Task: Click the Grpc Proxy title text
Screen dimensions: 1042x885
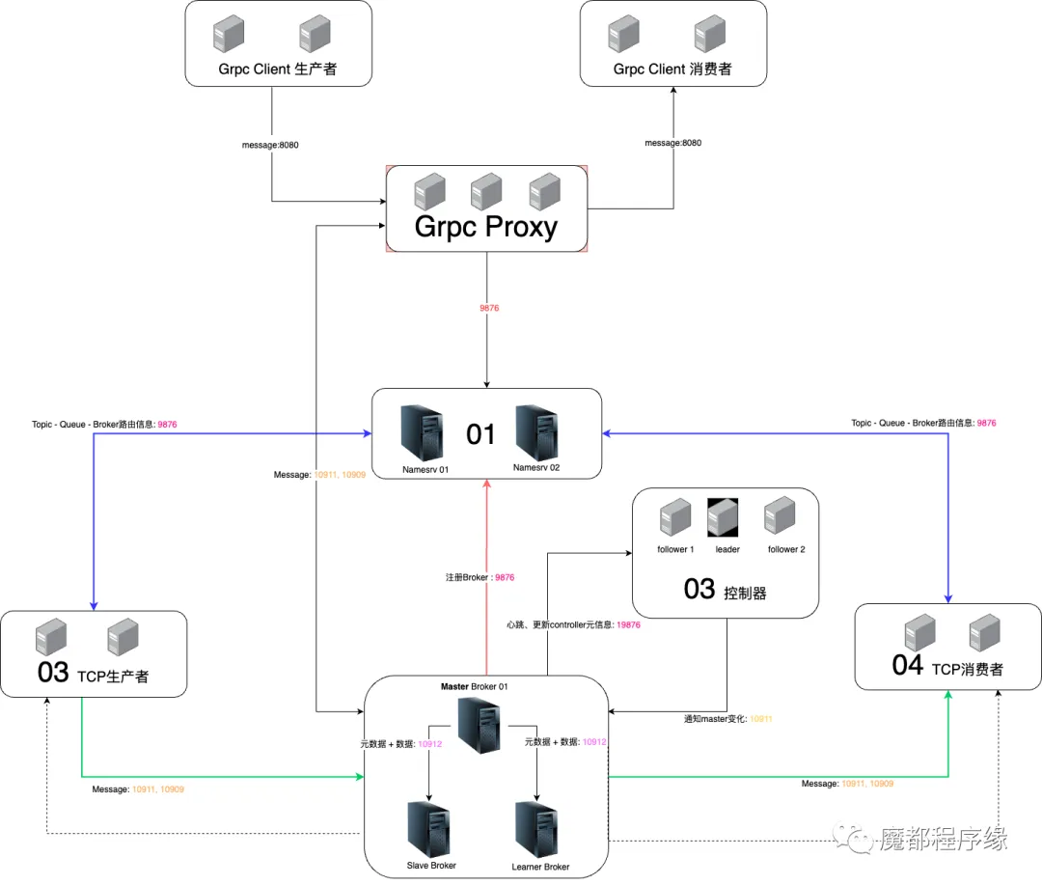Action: (485, 228)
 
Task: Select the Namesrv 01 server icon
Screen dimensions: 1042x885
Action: (422, 433)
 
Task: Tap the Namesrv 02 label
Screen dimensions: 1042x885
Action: (536, 467)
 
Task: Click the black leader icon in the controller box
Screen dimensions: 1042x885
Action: (723, 517)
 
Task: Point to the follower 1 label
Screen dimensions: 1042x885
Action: (675, 549)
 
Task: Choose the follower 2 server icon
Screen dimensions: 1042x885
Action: (780, 515)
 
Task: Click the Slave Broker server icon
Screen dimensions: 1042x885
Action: (428, 829)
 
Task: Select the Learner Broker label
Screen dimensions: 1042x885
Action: (540, 867)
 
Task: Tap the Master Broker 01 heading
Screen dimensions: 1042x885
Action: (474, 686)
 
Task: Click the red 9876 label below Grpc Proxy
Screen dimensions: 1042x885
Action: (489, 308)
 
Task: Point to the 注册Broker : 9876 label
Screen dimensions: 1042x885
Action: (480, 577)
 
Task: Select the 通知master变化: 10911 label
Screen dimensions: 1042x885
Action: (728, 719)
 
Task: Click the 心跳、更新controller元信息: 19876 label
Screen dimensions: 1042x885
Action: (573, 624)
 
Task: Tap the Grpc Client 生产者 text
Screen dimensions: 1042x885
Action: (278, 69)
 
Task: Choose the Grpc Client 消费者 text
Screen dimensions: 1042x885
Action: (672, 69)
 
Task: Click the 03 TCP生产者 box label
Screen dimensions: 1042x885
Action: (93, 673)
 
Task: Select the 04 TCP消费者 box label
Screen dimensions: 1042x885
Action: (947, 666)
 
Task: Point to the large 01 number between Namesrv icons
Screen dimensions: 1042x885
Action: (480, 434)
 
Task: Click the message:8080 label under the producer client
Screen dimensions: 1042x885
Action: (270, 145)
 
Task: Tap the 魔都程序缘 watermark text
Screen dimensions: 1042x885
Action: (944, 839)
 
